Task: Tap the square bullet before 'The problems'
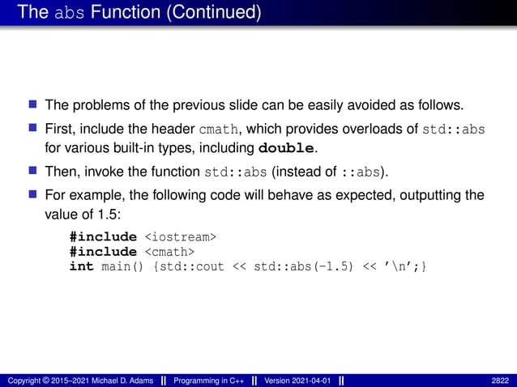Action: coord(33,104)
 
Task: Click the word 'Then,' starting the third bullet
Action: coord(61,172)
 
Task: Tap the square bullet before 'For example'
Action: coord(33,195)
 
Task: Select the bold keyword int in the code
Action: coord(81,266)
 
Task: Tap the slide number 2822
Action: coord(500,380)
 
